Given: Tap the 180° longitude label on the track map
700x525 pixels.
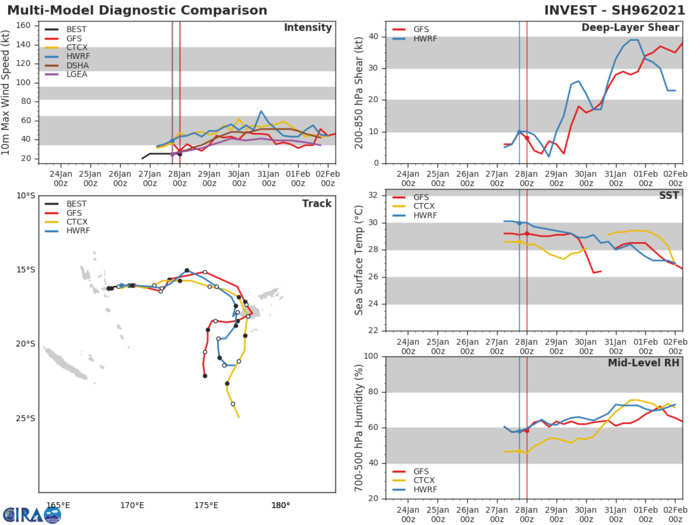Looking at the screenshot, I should pos(280,505).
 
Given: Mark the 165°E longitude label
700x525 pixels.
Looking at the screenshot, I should pos(58,505).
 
